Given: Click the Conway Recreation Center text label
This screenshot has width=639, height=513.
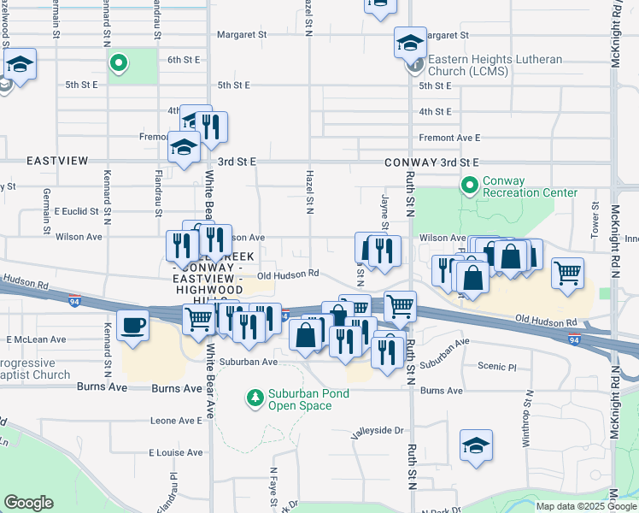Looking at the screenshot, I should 530,186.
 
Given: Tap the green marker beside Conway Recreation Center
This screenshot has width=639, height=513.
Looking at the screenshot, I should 468,185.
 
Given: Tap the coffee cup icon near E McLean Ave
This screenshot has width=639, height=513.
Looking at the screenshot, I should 132,326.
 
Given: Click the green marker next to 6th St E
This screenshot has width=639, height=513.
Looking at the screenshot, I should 120,62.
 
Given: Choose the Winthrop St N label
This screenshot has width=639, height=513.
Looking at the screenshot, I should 530,419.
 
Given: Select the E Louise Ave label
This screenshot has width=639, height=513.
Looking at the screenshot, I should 174,452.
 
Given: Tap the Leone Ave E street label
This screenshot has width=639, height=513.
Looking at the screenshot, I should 175,421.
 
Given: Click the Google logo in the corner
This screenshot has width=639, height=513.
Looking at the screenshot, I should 28,503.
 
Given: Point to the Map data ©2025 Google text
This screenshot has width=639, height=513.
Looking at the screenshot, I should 584,506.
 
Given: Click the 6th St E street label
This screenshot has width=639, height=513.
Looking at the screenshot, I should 183,60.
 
